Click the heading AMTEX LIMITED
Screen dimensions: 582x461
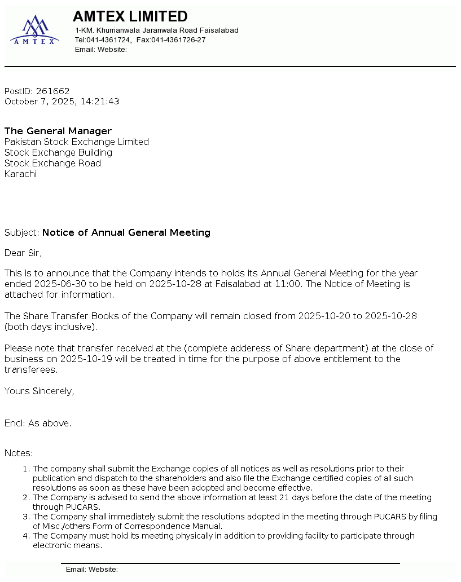pyautogui.click(x=130, y=16)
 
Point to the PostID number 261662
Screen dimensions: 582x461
pyautogui.click(x=52, y=91)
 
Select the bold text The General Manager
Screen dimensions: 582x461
pyautogui.click(x=58, y=131)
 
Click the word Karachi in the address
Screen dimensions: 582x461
pyautogui.click(x=20, y=174)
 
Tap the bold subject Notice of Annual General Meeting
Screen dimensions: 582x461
pyautogui.click(x=126, y=232)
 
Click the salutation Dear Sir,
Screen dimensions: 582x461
pyautogui.click(x=23, y=253)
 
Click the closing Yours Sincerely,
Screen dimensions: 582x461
pyautogui.click(x=39, y=391)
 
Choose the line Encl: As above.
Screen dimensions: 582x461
pyautogui.click(x=38, y=423)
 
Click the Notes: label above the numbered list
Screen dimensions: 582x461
pyautogui.click(x=19, y=453)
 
